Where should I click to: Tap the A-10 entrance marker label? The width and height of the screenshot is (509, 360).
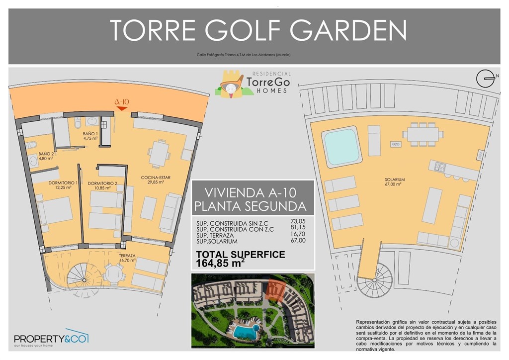pyautogui.click(x=122, y=103)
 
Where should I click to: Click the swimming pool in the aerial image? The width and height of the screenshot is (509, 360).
pyautogui.click(x=246, y=331)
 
